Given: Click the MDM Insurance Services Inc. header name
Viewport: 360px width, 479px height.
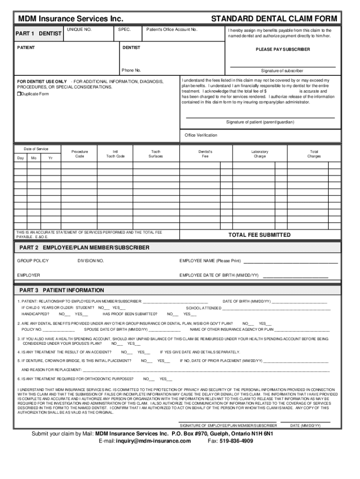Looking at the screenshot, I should [70, 19].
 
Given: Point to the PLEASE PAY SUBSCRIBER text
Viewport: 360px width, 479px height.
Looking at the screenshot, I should [282, 50].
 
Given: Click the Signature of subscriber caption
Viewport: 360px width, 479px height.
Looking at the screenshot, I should [282, 71].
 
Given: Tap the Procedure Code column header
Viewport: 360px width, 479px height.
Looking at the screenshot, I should [79, 154].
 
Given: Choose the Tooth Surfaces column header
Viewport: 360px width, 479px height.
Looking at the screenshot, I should [156, 154].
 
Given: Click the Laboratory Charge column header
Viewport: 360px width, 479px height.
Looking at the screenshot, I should [259, 154].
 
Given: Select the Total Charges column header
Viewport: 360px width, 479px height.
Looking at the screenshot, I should [314, 154].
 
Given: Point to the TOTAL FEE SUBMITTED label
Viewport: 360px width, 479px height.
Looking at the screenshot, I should [259, 235].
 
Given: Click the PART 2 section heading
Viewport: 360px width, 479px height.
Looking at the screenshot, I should [84, 247].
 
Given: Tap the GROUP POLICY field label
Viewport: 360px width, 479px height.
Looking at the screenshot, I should [33, 261].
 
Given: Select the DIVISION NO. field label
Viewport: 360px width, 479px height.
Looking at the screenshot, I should [91, 261].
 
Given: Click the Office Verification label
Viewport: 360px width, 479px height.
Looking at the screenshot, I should [201, 135].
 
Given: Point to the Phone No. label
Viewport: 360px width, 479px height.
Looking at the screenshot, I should [131, 71].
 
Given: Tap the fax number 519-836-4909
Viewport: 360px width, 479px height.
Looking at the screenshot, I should [236, 441].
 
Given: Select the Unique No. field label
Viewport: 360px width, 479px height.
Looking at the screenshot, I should [79, 29].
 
